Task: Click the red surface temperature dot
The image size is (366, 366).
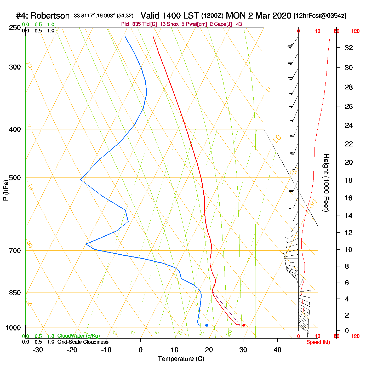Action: point(244,325)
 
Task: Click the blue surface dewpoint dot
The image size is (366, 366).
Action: point(207,325)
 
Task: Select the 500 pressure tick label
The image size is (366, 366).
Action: point(15,178)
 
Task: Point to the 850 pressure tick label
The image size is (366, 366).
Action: point(15,293)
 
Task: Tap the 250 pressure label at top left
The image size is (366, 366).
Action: point(15,28)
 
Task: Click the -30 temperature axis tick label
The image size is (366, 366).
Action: point(38,350)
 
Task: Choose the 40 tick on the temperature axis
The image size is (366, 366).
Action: point(277,350)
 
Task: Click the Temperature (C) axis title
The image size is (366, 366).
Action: point(181,359)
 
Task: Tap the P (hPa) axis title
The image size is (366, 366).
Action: point(6,190)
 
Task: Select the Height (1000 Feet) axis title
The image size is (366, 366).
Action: point(326,183)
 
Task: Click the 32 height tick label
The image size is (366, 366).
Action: point(349,48)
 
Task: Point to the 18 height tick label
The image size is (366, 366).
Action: point(349,180)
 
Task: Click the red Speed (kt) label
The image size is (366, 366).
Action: point(318,342)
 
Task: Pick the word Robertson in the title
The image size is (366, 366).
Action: point(50,16)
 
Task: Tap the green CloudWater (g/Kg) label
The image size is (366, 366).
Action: point(78,336)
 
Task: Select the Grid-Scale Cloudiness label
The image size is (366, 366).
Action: point(83,342)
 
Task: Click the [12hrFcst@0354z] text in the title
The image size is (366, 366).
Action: point(320,16)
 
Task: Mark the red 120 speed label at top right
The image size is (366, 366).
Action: point(355,31)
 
